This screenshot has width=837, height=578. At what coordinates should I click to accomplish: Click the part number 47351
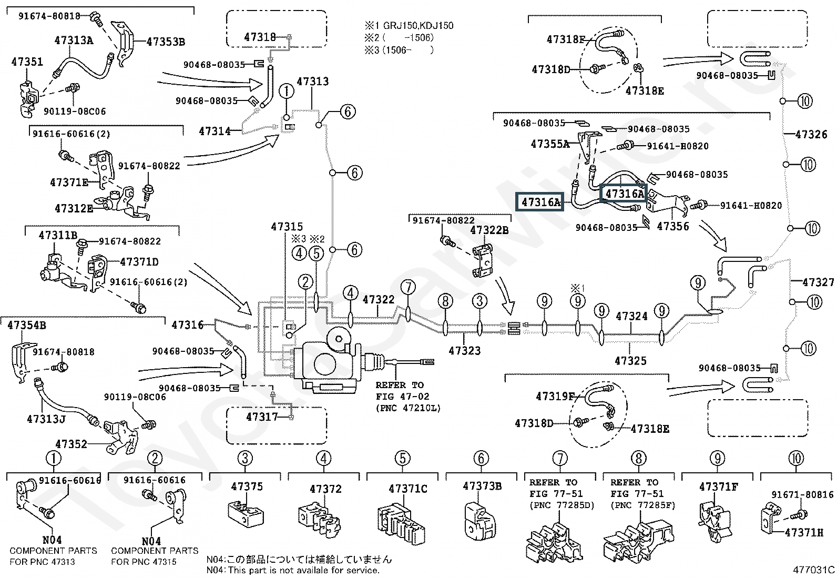point(27,62)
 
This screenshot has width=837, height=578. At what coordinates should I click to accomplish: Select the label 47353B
point(166,42)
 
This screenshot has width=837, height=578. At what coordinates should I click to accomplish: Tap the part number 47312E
point(74,209)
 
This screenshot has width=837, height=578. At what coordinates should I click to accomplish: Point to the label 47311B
point(58,235)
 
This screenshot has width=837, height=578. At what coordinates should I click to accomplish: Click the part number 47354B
point(27,326)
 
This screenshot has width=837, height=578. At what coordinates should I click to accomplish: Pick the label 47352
point(71,444)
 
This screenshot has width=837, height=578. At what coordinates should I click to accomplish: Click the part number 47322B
point(489,230)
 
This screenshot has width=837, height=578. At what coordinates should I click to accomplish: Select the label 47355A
point(550,144)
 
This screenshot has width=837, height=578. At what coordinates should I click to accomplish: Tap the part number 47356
point(673,227)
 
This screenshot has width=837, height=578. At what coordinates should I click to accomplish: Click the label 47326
point(811,135)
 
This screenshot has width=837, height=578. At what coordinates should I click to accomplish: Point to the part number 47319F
point(555,397)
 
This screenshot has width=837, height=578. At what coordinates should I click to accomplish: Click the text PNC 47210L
point(408,408)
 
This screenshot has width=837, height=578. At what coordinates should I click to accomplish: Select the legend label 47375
point(247,486)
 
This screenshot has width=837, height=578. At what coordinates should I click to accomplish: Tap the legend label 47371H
point(804,533)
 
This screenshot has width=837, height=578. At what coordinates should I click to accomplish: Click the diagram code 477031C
point(814,570)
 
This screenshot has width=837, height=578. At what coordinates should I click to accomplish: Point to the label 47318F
point(566,39)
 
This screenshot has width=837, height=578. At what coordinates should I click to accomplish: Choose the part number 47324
point(631,316)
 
